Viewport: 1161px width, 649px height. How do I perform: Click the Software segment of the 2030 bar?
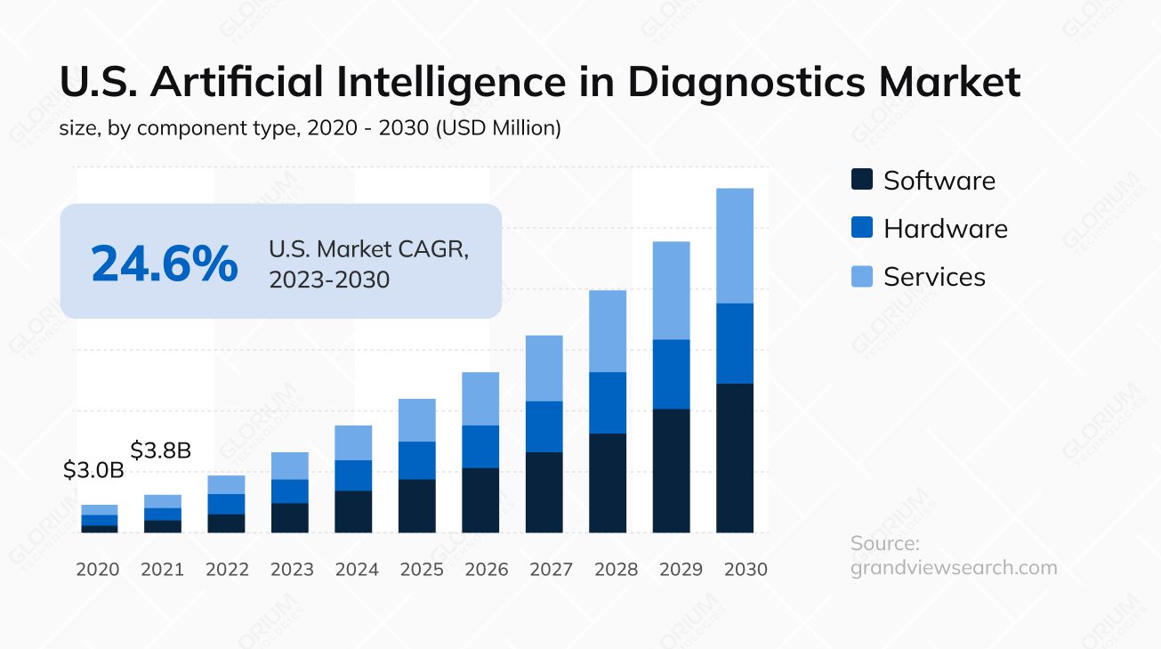(x=735, y=458)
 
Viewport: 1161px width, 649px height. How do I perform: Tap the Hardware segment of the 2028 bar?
(x=608, y=402)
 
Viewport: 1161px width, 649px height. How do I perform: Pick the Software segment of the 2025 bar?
(x=417, y=506)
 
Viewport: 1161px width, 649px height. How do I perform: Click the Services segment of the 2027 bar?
(x=544, y=368)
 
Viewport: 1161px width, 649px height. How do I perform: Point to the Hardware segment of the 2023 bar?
(x=290, y=491)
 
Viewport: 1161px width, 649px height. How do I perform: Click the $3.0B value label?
(x=93, y=471)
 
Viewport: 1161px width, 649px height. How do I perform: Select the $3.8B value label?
(x=161, y=450)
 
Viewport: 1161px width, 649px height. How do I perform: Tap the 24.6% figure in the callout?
(x=165, y=264)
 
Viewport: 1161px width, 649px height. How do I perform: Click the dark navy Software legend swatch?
(x=862, y=180)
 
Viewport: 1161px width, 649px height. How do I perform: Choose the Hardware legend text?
(x=945, y=229)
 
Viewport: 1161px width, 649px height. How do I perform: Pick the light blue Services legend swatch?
(x=862, y=276)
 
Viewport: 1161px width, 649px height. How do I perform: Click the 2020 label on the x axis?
(x=98, y=569)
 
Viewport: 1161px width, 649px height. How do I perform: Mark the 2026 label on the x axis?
(x=486, y=569)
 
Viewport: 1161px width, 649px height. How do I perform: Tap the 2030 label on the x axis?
(x=746, y=569)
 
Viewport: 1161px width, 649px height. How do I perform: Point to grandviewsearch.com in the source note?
(x=954, y=568)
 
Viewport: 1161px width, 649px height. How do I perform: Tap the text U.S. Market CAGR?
(x=368, y=249)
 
